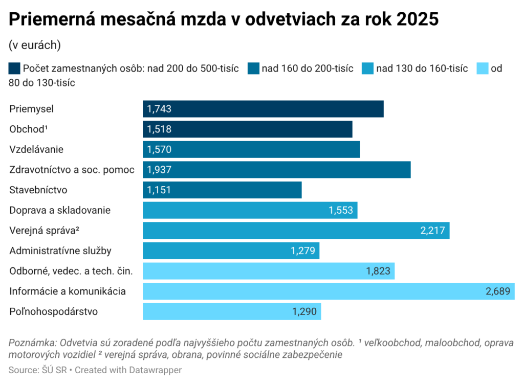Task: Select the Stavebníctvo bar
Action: point(222,190)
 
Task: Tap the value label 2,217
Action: point(432,231)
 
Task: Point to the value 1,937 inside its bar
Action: point(159,170)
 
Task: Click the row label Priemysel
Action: point(31,109)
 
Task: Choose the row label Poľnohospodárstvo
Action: point(53,311)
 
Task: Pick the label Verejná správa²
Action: point(45,231)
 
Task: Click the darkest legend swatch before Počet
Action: point(15,69)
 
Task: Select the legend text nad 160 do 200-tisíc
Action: point(308,69)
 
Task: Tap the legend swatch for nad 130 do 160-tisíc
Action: point(367,69)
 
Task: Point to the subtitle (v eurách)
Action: point(35,45)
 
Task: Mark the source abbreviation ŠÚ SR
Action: point(52,370)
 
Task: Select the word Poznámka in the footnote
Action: point(32,343)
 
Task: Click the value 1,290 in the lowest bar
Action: point(304,311)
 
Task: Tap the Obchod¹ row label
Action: point(28,129)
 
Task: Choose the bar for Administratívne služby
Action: point(231,251)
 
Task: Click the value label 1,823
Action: point(378,271)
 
